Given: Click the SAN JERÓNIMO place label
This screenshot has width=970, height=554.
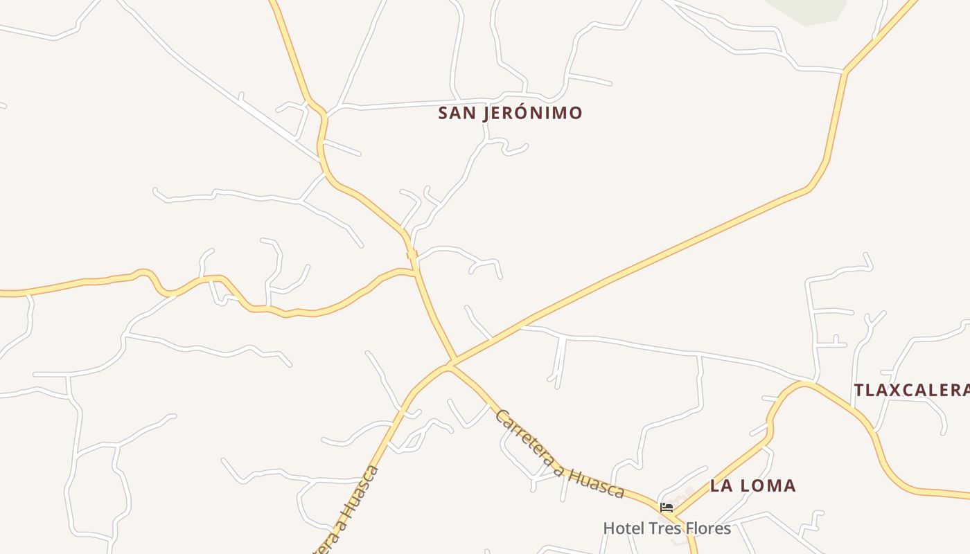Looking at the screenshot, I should pyautogui.click(x=510, y=113).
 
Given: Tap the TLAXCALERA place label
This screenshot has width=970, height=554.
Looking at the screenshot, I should pyautogui.click(x=911, y=390).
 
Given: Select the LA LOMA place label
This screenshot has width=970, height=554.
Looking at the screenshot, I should pyautogui.click(x=753, y=485).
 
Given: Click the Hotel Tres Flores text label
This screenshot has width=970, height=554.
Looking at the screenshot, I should pyautogui.click(x=667, y=528).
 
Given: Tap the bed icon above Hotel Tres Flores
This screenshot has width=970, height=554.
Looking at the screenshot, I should pyautogui.click(x=667, y=508).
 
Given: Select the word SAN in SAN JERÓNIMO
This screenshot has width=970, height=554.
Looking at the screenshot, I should pyautogui.click(x=456, y=113).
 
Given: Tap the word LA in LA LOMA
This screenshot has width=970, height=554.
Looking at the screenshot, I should pyautogui.click(x=721, y=485).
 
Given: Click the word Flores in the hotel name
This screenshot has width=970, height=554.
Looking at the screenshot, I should pyautogui.click(x=707, y=528).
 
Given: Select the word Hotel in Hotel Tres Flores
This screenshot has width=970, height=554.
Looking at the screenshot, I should pyautogui.click(x=624, y=528).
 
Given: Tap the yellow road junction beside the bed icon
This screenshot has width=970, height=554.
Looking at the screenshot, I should pyautogui.click(x=675, y=513).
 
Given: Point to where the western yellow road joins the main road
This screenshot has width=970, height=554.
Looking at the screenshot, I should pyautogui.click(x=416, y=273).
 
